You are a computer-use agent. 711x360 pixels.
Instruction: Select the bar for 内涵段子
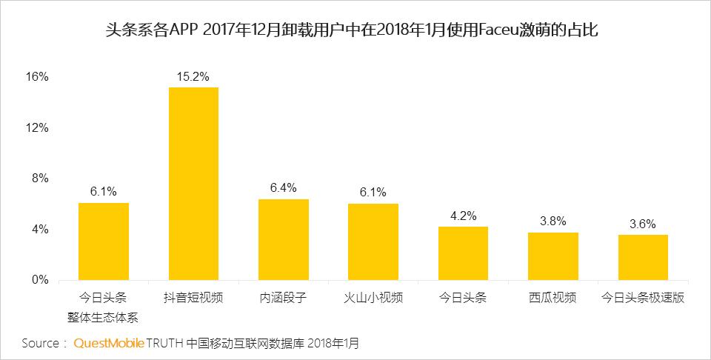(x=284, y=240)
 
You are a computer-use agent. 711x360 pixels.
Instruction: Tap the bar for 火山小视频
(x=373, y=242)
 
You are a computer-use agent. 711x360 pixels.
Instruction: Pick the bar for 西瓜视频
(x=553, y=256)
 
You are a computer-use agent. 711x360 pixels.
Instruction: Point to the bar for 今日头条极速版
(x=643, y=258)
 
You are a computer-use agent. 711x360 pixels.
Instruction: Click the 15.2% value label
(x=193, y=76)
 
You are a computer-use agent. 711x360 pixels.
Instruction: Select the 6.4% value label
(x=284, y=188)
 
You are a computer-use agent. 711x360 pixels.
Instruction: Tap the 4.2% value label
(x=463, y=216)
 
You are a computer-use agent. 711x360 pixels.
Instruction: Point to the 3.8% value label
(x=553, y=221)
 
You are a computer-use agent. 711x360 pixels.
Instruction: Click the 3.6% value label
(x=643, y=224)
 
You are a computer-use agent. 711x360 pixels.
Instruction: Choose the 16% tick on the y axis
(x=36, y=77)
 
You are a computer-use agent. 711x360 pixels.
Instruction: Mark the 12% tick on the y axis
(x=36, y=128)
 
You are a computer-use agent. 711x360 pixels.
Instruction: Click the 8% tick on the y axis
(x=39, y=179)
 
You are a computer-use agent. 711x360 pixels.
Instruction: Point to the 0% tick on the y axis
(x=39, y=281)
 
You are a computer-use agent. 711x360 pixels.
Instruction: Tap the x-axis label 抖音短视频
(x=193, y=299)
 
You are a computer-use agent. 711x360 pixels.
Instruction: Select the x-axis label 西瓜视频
(x=553, y=299)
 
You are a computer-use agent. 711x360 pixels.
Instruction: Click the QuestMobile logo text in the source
(x=109, y=344)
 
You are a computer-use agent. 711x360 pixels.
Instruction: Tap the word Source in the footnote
(x=40, y=344)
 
